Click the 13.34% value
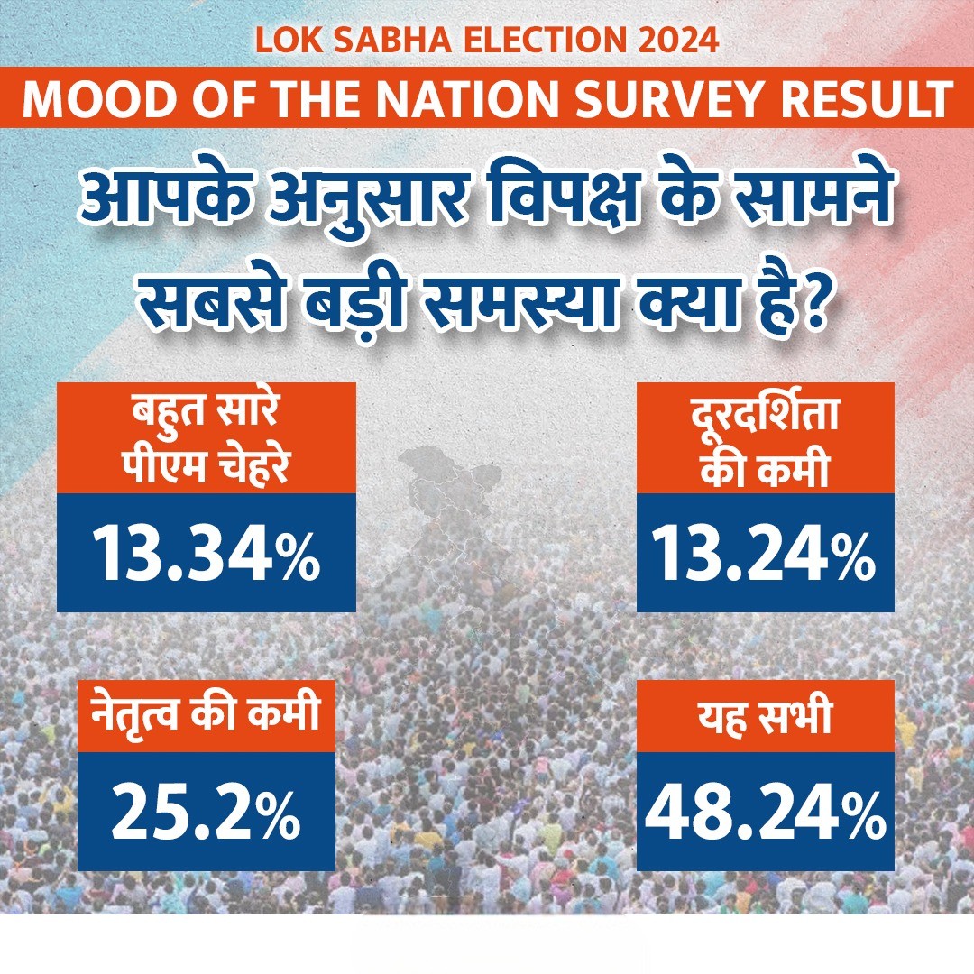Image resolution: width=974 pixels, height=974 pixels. pos(207,553)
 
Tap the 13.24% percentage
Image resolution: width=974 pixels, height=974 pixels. pos(765,553)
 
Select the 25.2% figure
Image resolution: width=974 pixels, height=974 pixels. pos(207,813)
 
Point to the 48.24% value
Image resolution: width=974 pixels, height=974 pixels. pos(765,813)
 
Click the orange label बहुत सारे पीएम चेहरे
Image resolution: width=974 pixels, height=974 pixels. pos(207,438)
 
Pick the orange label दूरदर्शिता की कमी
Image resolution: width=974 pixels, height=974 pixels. pos(765,438)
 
